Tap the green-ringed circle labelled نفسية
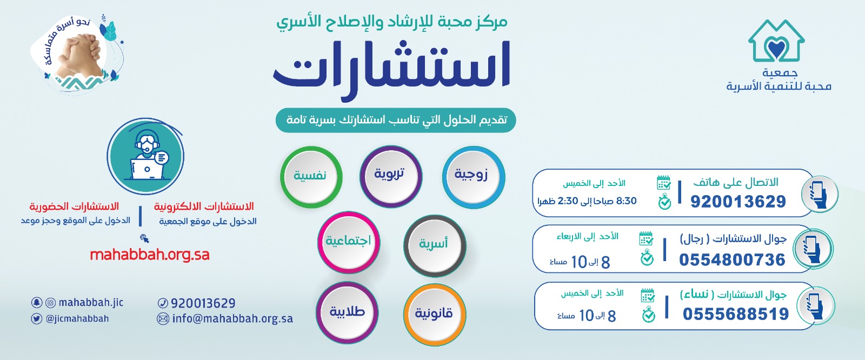point(311,177)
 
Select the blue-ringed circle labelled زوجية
point(474,177)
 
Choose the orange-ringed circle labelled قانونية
point(435,314)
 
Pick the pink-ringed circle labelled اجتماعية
point(349,242)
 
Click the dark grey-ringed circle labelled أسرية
point(435,245)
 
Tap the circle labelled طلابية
point(347,312)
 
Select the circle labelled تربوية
point(391,176)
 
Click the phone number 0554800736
point(732,260)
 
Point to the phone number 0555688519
point(736,314)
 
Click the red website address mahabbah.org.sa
point(150,255)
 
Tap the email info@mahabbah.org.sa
point(232,319)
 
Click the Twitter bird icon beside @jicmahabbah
point(37,319)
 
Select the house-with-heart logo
point(776,41)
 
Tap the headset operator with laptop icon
point(145,156)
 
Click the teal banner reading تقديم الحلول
point(396,120)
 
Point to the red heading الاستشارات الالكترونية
point(204,206)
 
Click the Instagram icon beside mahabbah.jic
point(51,303)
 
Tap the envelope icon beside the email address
point(163,319)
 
